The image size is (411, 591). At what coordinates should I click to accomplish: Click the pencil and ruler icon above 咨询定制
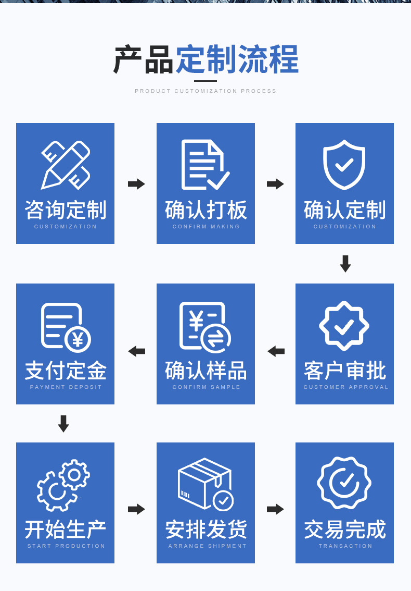[x=66, y=165]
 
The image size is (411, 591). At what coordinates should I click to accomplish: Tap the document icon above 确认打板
[x=205, y=165]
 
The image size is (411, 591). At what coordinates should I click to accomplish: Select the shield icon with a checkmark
[x=344, y=165]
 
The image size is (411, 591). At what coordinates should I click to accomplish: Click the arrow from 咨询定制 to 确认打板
[x=136, y=184]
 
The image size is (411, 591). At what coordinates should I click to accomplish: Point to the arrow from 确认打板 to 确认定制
[x=275, y=184]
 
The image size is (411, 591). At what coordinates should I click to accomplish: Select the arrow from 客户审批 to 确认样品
[x=276, y=351]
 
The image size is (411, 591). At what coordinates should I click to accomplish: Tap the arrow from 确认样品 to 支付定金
[x=136, y=351]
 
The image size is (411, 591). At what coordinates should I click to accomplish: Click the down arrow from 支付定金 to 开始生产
[x=63, y=424]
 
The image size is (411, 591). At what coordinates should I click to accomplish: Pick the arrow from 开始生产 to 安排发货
[x=136, y=509]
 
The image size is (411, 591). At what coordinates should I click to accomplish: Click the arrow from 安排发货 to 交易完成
[x=275, y=509]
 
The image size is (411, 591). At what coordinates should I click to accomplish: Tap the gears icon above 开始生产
[x=63, y=485]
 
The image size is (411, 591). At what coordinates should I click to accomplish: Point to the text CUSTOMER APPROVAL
[x=346, y=387]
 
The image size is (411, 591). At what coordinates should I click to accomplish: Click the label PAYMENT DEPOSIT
[x=66, y=387]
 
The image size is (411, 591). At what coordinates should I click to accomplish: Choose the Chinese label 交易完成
[x=345, y=530]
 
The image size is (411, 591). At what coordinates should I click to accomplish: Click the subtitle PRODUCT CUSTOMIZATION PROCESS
[x=205, y=91]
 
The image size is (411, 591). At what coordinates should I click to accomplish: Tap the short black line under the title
[x=205, y=81]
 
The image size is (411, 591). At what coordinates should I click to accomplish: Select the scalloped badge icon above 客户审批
[x=344, y=326]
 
